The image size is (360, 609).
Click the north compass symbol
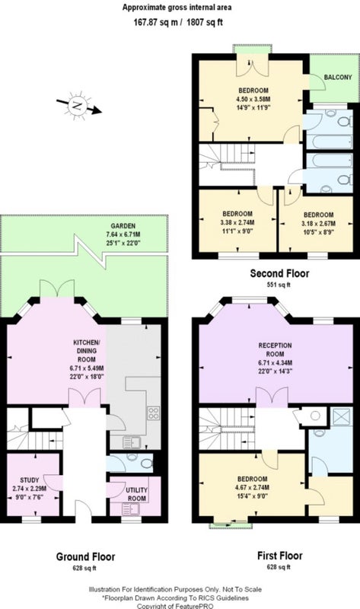coord(78,106)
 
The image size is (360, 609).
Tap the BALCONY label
coord(338,77)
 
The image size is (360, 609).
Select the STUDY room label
coord(30,480)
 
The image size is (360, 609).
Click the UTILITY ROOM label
coord(136,494)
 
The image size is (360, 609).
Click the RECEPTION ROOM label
coord(275,349)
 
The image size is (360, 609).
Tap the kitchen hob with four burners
coord(154,413)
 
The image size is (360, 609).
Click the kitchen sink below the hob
coord(130,442)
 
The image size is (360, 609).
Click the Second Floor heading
coord(279,273)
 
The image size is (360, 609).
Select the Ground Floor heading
coord(85,556)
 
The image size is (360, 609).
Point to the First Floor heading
coord(279,556)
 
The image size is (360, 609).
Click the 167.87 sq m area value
coord(156,22)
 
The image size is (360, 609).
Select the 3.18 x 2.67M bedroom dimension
coord(318,223)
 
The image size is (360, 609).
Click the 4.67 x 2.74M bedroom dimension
coord(252,487)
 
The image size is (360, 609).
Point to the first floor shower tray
coord(342,416)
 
